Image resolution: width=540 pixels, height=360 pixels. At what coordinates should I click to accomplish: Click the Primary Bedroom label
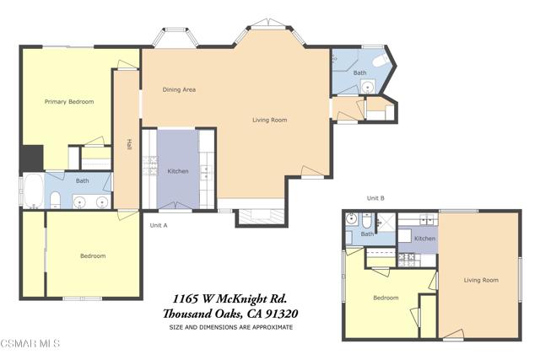coord(69,101)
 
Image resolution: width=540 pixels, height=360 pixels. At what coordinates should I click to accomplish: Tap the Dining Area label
coord(179,89)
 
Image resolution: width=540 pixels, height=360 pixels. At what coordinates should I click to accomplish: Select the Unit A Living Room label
coord(270,120)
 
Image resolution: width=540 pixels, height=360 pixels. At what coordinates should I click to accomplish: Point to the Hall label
coord(129,144)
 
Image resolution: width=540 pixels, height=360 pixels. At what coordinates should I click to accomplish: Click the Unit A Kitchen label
coord(178,171)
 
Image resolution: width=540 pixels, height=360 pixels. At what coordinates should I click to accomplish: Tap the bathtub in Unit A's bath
coord(34,191)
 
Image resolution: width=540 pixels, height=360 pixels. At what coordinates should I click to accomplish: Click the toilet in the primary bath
coord(55,201)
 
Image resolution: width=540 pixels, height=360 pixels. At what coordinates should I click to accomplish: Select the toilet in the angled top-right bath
coord(381,61)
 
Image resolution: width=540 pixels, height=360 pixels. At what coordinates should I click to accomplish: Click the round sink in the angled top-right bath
coord(368,86)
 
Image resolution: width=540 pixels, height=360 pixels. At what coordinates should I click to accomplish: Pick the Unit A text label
coord(159,225)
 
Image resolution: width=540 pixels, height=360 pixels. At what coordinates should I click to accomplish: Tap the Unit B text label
coord(375,198)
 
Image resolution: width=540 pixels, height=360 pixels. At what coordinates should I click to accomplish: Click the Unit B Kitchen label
coord(424,238)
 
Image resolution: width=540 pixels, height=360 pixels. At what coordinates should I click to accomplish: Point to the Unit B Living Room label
coord(481,280)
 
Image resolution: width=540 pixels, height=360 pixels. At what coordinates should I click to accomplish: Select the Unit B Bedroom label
coord(386,298)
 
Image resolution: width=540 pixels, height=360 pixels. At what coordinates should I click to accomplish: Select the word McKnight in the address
coord(240,298)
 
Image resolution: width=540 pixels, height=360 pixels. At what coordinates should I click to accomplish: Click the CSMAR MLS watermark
coord(30,343)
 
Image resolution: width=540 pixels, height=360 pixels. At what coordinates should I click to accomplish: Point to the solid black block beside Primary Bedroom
coord(32,158)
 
